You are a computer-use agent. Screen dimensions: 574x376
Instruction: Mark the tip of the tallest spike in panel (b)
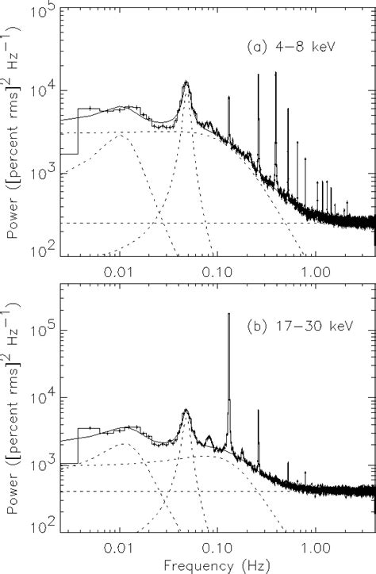pos(228,313)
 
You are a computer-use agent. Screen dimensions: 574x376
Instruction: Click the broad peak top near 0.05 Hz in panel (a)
pos(186,82)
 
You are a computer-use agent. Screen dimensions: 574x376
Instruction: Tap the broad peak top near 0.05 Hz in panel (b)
pos(186,410)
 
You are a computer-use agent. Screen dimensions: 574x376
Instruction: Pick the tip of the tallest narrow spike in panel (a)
pos(275,72)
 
